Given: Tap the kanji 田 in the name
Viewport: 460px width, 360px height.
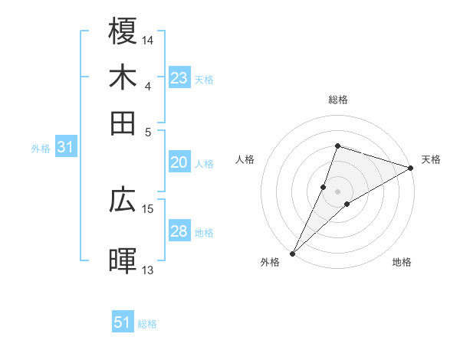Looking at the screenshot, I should coord(123,123).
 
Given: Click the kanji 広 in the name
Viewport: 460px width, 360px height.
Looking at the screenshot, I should coord(123,200).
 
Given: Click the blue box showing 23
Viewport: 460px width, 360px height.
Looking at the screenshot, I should coord(179,78).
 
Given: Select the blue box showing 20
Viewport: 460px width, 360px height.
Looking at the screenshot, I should coord(179,162).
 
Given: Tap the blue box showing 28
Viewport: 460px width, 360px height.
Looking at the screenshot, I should coord(179,231).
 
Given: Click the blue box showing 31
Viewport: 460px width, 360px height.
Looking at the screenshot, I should coord(65,148).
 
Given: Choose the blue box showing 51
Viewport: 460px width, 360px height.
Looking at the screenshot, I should coord(123,322).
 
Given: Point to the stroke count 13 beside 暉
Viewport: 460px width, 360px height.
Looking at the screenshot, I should coord(148,270).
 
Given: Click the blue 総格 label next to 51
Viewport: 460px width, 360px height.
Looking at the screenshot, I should coord(147,324).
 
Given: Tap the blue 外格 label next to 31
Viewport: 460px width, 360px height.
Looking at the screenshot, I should coord(41,149).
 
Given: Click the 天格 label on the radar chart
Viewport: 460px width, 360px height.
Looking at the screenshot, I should coord(431,160).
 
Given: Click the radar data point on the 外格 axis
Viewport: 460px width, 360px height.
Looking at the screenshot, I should coord(293,253).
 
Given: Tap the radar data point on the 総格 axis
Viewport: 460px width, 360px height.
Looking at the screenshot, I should coord(337,146).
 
